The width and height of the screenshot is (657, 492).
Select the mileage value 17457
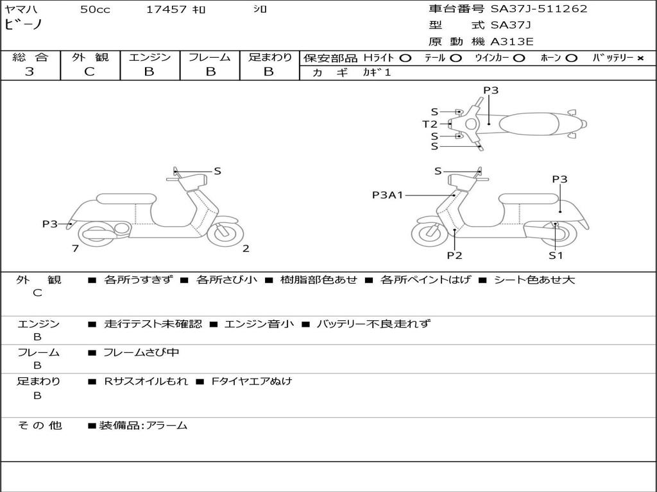click(x=166, y=10)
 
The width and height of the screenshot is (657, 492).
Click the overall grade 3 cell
click(x=30, y=72)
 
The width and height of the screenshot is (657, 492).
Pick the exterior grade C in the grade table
click(x=89, y=72)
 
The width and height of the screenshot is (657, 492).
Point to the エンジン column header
click(x=149, y=57)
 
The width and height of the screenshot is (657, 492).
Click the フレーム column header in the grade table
click(x=209, y=57)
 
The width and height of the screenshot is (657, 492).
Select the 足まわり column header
click(x=269, y=57)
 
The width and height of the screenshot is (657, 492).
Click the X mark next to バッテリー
click(x=640, y=58)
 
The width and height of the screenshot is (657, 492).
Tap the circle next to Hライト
click(x=405, y=58)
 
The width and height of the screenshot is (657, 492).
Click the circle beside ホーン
click(x=571, y=58)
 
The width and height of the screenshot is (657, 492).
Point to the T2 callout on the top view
click(x=430, y=124)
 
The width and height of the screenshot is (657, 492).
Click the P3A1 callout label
click(x=387, y=195)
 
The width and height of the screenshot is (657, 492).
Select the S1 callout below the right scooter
click(x=555, y=255)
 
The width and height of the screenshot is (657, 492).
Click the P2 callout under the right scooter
click(x=454, y=255)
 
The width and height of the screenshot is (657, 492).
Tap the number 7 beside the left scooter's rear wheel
click(x=75, y=249)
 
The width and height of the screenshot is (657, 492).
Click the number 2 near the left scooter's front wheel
click(x=246, y=249)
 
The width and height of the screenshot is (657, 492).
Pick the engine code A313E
click(x=512, y=42)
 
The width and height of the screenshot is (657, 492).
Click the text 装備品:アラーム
click(x=143, y=425)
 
